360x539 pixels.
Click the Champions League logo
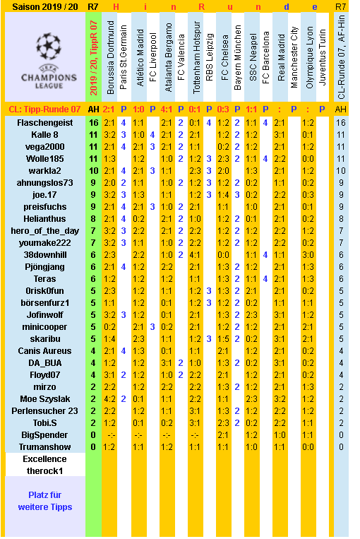point(44,59)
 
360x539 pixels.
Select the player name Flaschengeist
point(44,122)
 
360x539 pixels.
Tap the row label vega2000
point(44,146)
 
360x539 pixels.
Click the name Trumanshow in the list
point(44,447)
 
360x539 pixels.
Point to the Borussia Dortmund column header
point(109,59)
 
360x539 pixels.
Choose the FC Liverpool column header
point(152,59)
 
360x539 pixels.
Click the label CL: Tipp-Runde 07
point(44,109)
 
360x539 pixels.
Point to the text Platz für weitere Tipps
point(44,501)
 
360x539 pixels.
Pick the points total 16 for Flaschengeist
point(93,122)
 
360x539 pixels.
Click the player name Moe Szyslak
point(44,399)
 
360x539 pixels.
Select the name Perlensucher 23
point(44,411)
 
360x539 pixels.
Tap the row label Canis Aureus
point(44,351)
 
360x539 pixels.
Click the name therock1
point(44,470)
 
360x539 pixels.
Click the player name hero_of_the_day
point(44,230)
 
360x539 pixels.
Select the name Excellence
point(44,459)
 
